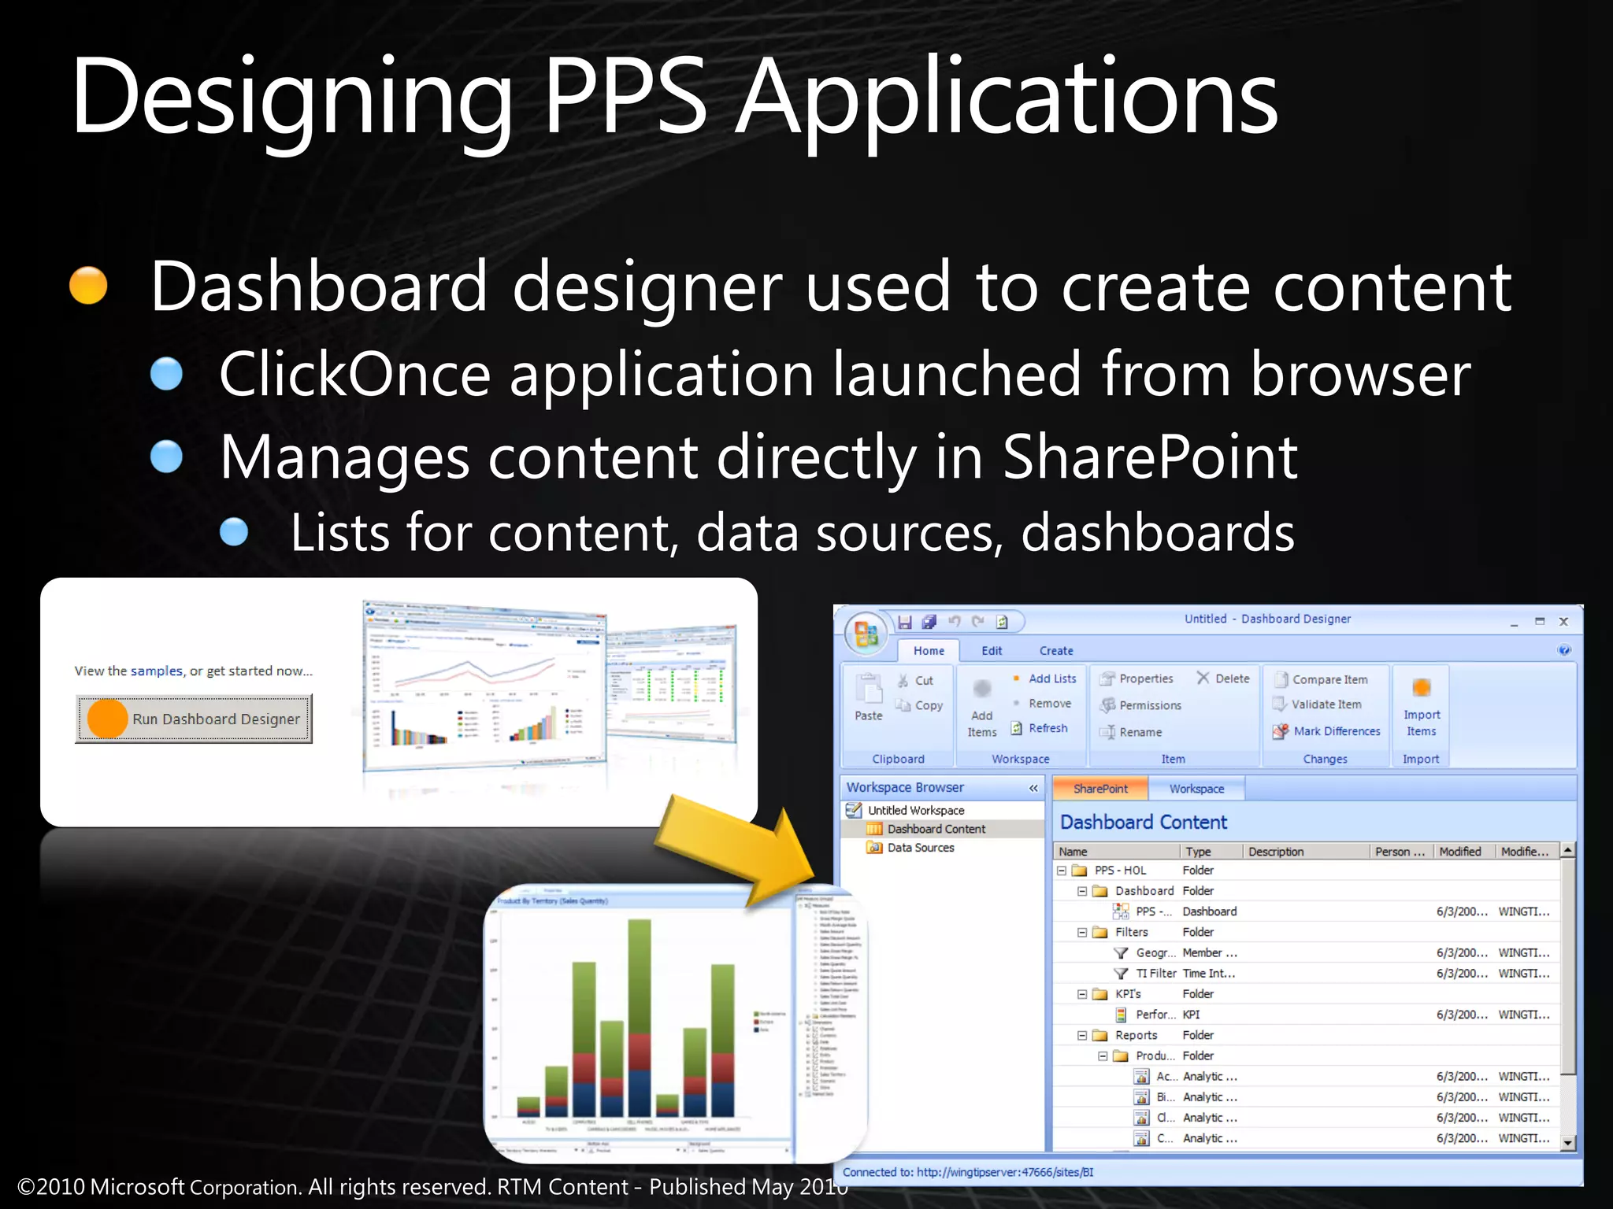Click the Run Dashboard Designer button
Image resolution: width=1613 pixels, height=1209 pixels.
[194, 719]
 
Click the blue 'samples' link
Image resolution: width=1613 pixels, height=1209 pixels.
[156, 671]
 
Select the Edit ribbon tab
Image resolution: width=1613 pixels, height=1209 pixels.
[992, 651]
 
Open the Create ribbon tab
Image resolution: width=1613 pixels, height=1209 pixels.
[1055, 651]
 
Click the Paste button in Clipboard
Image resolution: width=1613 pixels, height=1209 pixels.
[869, 697]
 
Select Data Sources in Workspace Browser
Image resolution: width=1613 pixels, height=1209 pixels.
[920, 848]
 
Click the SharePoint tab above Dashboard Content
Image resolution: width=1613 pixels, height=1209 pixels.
[1100, 789]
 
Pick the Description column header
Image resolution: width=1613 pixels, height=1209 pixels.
[1276, 852]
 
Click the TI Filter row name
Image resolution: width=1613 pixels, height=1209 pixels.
[1155, 974]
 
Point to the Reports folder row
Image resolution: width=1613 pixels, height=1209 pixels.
[1136, 1035]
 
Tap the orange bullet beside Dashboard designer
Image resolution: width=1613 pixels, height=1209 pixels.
[88, 285]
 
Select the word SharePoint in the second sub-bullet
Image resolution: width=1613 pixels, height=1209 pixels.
[1150, 457]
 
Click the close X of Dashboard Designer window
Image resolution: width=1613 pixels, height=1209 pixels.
[1564, 622]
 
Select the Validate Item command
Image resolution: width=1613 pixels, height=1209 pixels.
[1326, 704]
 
